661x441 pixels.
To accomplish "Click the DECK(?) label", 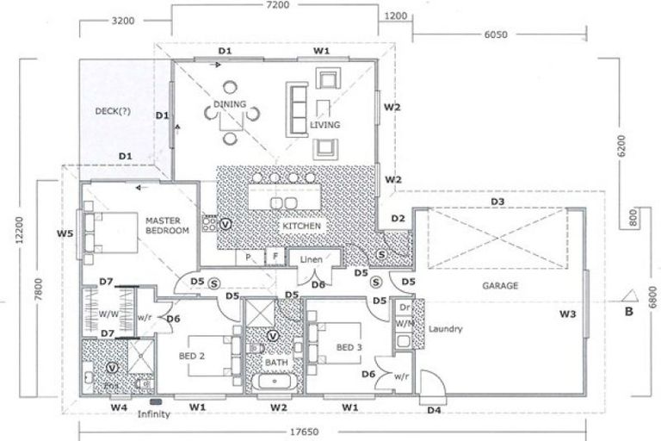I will [x=113, y=110].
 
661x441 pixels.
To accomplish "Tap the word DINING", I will [x=230, y=105].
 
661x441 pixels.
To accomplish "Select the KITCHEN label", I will [x=300, y=226].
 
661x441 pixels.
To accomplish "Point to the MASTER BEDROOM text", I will [x=166, y=226].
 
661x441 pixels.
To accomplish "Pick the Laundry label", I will [x=446, y=329].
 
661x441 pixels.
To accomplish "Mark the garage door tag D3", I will [x=497, y=202].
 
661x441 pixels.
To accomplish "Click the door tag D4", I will [x=435, y=410].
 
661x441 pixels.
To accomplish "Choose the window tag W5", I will [x=65, y=233].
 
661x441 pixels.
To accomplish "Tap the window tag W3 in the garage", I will [x=567, y=314].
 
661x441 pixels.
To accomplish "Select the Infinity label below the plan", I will [x=155, y=415].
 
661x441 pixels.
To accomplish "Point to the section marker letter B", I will [x=629, y=312].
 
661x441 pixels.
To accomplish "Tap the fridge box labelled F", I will [x=275, y=257].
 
